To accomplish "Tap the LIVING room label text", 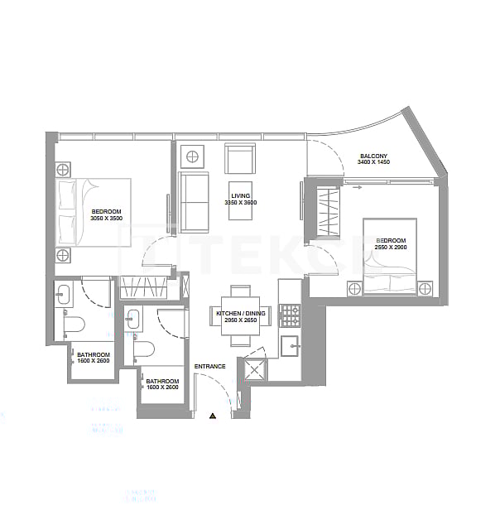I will (240, 195).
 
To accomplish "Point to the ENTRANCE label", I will (210, 366).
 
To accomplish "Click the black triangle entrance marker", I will (213, 415).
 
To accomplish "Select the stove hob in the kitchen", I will (291, 315).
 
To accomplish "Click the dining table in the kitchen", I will (240, 316).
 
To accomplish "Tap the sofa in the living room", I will (195, 203).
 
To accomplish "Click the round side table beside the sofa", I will (192, 156).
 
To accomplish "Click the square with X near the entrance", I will (252, 370).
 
